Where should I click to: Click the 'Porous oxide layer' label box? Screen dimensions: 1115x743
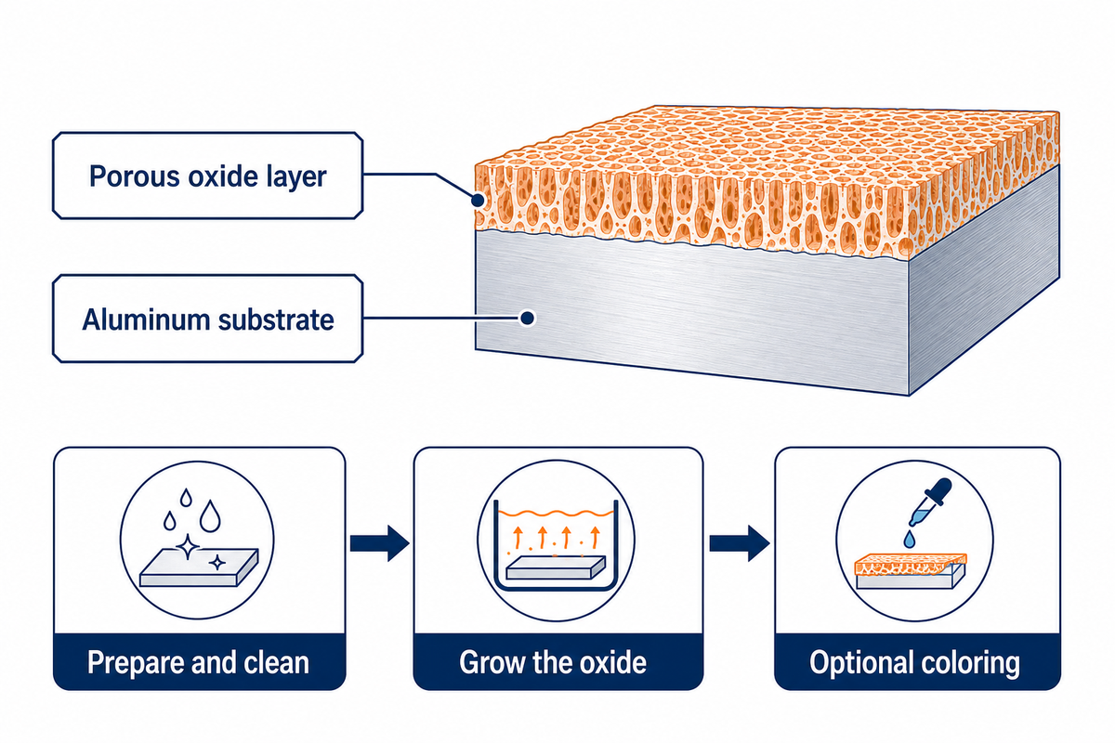coord(207,176)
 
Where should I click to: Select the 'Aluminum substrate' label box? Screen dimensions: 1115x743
coord(207,319)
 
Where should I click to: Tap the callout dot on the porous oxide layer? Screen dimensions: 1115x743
coord(478,201)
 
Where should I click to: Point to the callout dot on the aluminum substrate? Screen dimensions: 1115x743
coord(527,318)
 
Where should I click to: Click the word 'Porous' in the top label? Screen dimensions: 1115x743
coord(135,176)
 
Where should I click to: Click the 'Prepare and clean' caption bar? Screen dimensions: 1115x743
coord(199,662)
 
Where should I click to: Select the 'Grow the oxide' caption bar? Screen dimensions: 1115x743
coord(558,662)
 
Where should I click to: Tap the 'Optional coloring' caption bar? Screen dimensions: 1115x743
coord(917,662)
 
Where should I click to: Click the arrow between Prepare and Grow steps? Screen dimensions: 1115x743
coord(379,543)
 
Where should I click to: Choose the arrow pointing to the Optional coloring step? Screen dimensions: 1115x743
coord(740,543)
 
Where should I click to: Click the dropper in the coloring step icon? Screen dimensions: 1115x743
coord(930,502)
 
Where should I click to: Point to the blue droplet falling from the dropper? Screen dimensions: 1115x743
coord(909,539)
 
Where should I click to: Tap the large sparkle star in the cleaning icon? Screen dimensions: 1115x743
coord(188,547)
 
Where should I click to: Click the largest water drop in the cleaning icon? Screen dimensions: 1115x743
coord(210,516)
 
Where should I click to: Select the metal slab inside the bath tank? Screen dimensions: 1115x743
coord(556,568)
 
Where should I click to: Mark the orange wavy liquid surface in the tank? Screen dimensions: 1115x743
coord(556,513)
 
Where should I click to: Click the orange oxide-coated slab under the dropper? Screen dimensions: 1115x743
coord(911,571)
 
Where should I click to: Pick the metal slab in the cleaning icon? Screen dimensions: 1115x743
coord(199,567)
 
